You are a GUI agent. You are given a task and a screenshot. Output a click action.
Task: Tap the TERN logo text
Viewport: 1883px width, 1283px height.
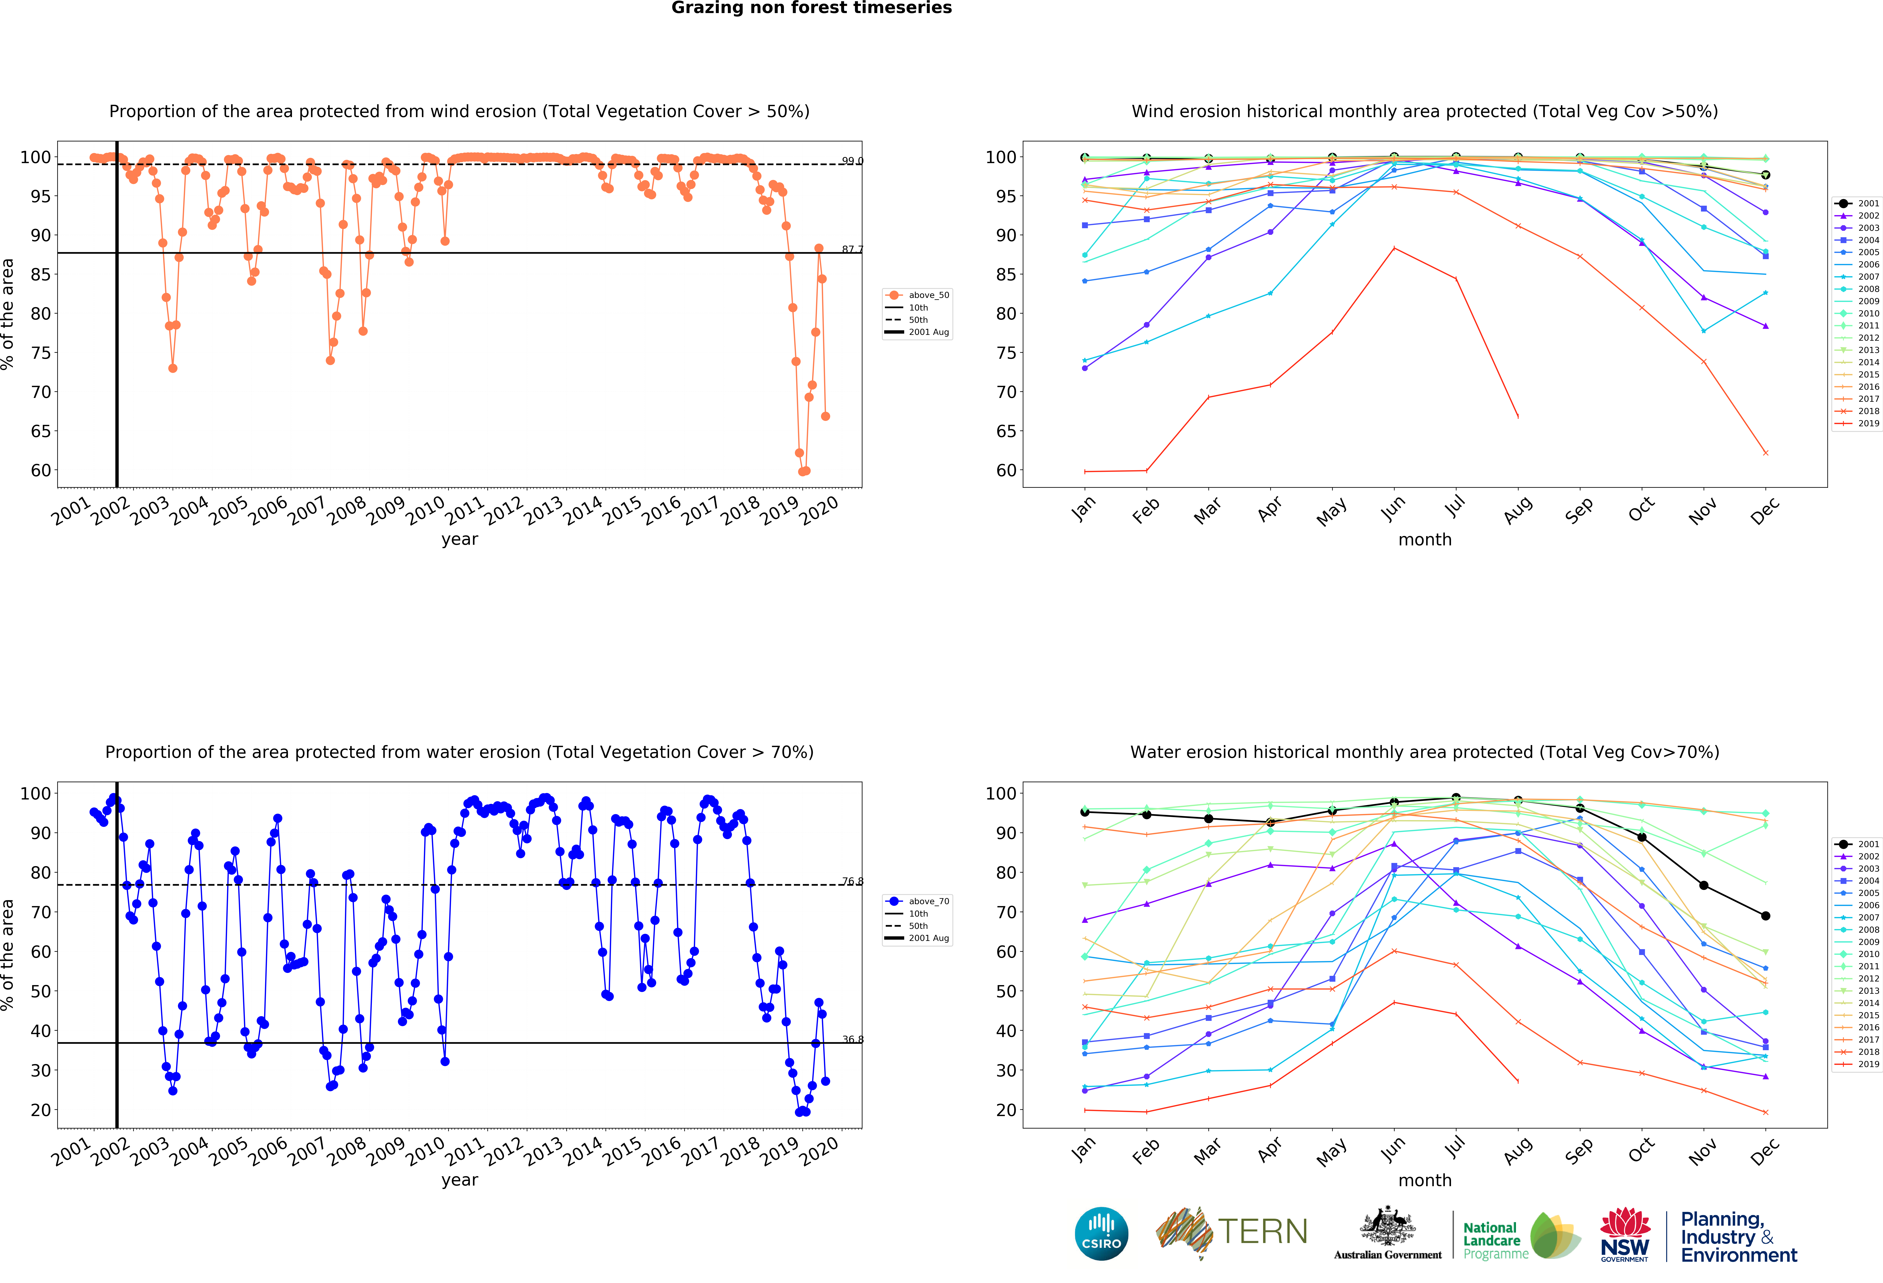pyautogui.click(x=1262, y=1232)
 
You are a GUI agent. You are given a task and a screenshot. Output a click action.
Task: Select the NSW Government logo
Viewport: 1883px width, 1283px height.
pyautogui.click(x=1624, y=1234)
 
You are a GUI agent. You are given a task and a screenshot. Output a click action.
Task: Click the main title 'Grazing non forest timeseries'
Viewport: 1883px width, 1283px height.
pyautogui.click(x=811, y=8)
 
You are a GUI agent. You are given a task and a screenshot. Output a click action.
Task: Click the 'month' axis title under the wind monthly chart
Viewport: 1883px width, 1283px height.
pyautogui.click(x=1424, y=539)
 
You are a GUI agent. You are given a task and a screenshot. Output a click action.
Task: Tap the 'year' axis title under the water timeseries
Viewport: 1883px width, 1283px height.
pyautogui.click(x=459, y=1180)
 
